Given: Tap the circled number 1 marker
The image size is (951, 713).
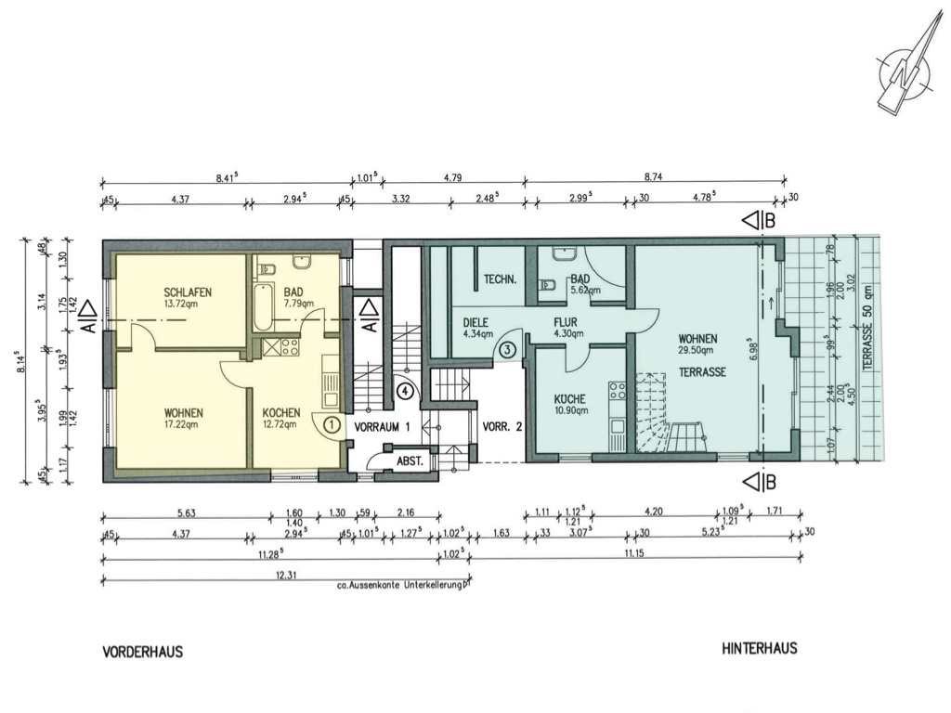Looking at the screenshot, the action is (332, 424).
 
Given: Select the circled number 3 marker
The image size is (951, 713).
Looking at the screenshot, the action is (507, 349).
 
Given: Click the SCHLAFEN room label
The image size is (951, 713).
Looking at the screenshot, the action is (188, 292).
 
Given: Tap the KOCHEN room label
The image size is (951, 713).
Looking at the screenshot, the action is (280, 413).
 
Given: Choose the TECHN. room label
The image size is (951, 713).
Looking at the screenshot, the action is (501, 279).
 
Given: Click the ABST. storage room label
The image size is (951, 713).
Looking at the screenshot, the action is (410, 461).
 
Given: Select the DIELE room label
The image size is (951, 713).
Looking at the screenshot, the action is (475, 323).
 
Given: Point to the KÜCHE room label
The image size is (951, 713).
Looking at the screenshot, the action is (570, 399).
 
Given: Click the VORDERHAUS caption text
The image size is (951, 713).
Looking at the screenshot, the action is (142, 653).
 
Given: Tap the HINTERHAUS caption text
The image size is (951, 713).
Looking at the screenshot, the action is (760, 649).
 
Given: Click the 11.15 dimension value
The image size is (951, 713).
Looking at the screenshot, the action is (632, 553).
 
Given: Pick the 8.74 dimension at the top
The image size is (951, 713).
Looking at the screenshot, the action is (653, 177).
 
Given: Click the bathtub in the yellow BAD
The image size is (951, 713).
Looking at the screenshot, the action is (263, 306).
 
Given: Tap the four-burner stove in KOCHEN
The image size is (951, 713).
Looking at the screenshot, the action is (289, 347).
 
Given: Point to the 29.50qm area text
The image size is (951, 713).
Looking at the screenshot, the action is (697, 350).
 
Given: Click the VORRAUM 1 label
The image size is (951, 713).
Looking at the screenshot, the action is (382, 427).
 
